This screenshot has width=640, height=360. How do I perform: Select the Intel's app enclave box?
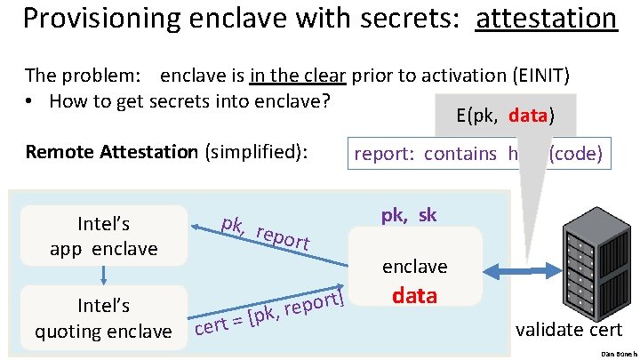[x=104, y=236]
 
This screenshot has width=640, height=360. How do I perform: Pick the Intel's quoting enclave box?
[x=104, y=318]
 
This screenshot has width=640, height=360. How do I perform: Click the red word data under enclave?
[x=414, y=296]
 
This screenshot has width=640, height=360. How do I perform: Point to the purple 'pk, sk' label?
[x=409, y=216]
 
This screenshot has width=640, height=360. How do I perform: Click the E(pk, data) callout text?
[x=505, y=116]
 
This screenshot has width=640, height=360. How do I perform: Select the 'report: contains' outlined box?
[x=478, y=153]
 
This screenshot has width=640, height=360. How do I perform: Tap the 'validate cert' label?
[x=570, y=330]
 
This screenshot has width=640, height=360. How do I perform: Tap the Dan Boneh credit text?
[x=620, y=354]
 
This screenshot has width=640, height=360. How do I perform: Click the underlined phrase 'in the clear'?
[x=299, y=75]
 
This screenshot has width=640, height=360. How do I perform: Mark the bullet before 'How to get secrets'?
[x=31, y=101]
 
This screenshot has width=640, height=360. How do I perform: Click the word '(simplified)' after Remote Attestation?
[x=256, y=152]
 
